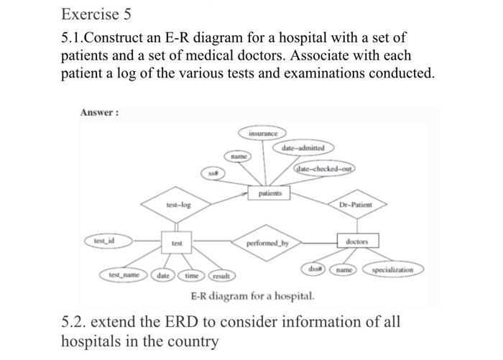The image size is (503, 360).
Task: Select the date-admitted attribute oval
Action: (x=303, y=148)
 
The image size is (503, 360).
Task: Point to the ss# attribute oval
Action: (x=213, y=173)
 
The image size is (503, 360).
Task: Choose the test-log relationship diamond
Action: (x=177, y=206)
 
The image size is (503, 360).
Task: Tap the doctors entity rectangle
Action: (x=357, y=242)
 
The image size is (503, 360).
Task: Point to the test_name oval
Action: (x=124, y=275)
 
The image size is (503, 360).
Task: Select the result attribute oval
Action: (x=221, y=276)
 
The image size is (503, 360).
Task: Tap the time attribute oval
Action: (x=192, y=275)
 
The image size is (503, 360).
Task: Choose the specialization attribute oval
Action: (x=394, y=270)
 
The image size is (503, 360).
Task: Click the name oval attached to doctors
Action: (x=349, y=269)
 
